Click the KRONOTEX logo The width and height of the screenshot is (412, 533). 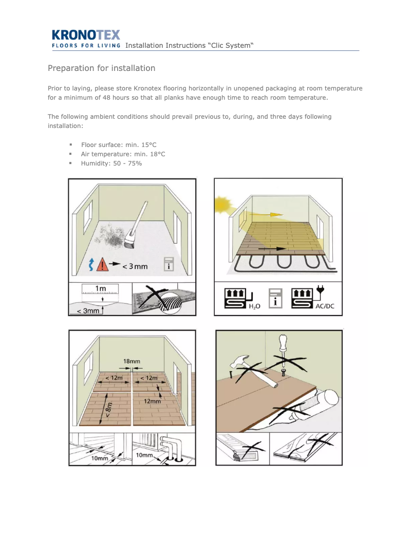(86, 35)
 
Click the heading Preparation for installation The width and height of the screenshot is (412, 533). (101, 68)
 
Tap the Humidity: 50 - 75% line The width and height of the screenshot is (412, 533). (111, 163)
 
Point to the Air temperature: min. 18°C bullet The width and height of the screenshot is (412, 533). (123, 154)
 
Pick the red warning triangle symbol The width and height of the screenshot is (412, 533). (104, 265)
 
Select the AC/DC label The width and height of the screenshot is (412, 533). (325, 307)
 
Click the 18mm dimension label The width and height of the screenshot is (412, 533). (132, 361)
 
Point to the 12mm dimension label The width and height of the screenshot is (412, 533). (152, 401)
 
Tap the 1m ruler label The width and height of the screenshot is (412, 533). (101, 288)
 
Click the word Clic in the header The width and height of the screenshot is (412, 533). (219, 45)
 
